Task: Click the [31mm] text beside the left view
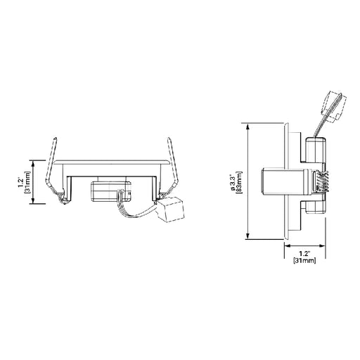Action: coord(28,181)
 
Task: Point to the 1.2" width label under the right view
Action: coord(304,252)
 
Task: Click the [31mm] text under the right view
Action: coord(304,260)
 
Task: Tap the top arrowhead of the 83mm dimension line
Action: coord(248,124)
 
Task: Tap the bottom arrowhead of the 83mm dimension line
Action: coord(248,238)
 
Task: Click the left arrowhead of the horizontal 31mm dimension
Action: coord(285,246)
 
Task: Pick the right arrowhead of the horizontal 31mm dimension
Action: coord(323,246)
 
